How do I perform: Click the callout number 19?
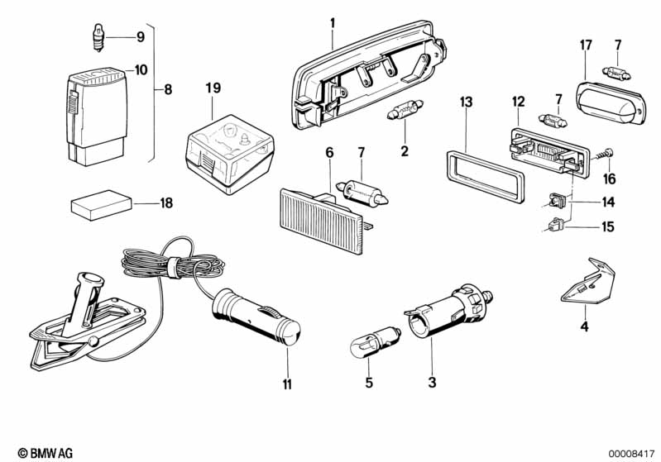pyautogui.click(x=213, y=88)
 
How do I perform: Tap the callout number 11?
pyautogui.click(x=287, y=383)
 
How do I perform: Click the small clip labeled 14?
pyautogui.click(x=556, y=199)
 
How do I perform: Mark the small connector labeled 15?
pyautogui.click(x=554, y=223)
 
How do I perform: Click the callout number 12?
pyautogui.click(x=518, y=101)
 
